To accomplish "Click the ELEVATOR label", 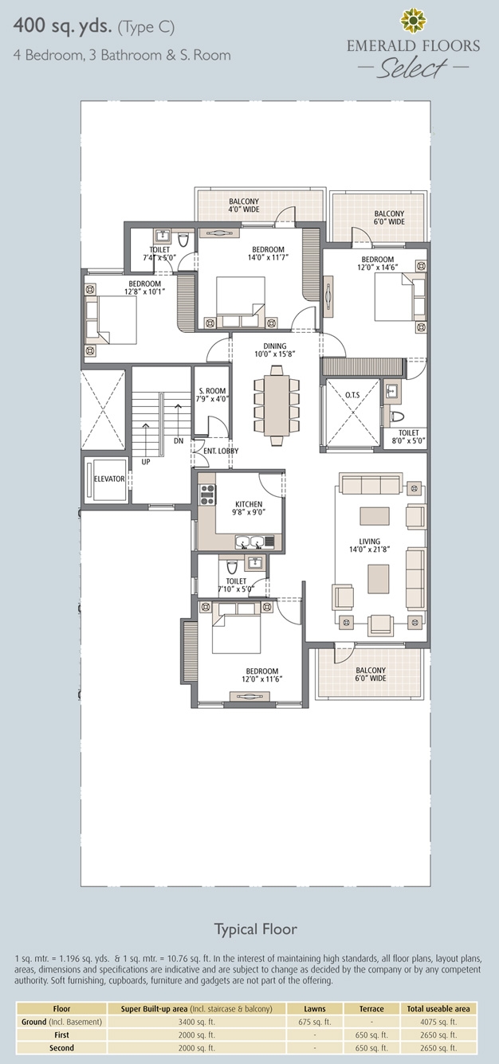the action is (x=109, y=479).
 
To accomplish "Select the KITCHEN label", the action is (x=249, y=504).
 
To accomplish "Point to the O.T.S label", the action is (x=352, y=395).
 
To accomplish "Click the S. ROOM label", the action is (x=212, y=391).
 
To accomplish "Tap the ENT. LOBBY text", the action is (x=221, y=451).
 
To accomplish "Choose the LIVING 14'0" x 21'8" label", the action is (x=370, y=546).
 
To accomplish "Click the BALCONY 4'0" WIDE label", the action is (x=244, y=205).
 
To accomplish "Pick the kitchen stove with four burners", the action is (x=207, y=494).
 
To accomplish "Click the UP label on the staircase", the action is (x=146, y=461).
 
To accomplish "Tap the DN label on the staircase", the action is (x=179, y=440).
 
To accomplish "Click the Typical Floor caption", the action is (x=256, y=929).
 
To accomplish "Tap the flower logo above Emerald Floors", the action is (x=413, y=20).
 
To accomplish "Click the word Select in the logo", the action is (x=412, y=68).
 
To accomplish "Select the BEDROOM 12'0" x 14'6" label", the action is (x=377, y=263).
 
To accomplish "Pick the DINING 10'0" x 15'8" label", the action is (x=275, y=350).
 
